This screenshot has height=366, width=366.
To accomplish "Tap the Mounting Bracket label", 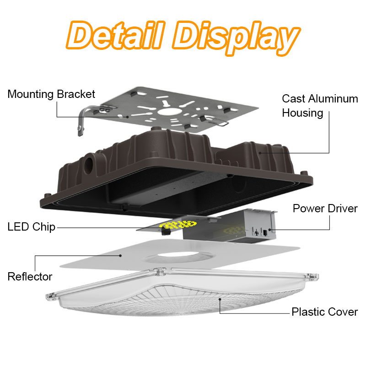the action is (x=51, y=94).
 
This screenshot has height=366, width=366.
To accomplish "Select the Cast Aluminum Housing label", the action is (x=320, y=106).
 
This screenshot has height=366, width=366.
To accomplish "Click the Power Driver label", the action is (x=325, y=209).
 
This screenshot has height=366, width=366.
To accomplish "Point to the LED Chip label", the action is (x=31, y=227).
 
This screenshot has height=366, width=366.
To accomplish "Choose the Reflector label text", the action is (x=30, y=277).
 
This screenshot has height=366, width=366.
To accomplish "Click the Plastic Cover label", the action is (x=325, y=312).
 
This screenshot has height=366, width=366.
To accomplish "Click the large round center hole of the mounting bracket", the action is (x=167, y=112).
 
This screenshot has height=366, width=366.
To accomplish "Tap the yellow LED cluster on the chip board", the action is (x=178, y=225).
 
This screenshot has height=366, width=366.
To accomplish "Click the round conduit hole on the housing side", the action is (x=89, y=165).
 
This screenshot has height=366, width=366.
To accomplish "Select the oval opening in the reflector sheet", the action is (x=179, y=256).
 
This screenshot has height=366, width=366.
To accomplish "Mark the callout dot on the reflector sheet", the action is (x=120, y=256).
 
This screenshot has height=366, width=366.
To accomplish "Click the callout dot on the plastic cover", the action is (x=220, y=299).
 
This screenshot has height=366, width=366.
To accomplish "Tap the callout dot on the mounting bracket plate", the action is (x=128, y=117).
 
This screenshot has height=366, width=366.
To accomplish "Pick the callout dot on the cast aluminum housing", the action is (x=260, y=153).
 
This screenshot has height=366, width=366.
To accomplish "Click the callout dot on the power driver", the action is (x=269, y=230).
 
